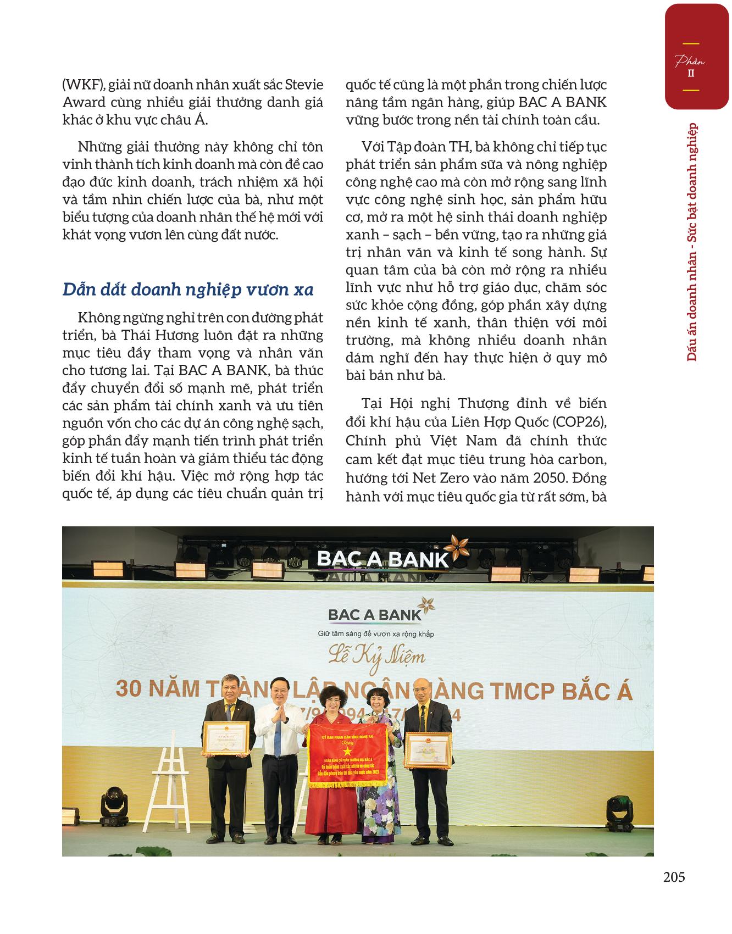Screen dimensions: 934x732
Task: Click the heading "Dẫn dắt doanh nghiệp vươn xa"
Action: [x=188, y=290]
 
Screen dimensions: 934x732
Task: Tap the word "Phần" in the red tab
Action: [x=690, y=61]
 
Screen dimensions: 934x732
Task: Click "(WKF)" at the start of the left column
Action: [x=82, y=85]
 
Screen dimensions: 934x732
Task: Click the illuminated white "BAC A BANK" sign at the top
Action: [x=383, y=559]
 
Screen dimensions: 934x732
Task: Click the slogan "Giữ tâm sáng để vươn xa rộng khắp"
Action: [x=376, y=634]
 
